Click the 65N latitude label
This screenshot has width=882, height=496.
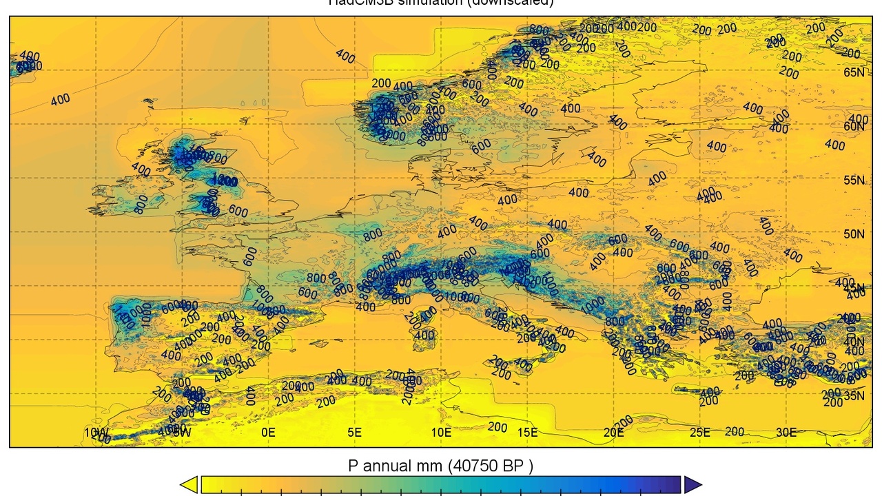tap(854, 72)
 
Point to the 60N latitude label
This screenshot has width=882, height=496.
tap(854, 126)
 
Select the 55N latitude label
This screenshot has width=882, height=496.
tap(854, 180)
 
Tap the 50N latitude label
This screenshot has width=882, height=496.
tap(854, 234)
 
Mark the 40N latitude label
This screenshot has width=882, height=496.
tap(854, 342)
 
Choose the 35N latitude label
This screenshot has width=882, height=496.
tap(854, 395)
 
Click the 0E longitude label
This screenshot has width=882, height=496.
tap(268, 433)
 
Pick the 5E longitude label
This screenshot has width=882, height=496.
tap(354, 433)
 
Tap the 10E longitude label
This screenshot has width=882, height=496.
tap(441, 433)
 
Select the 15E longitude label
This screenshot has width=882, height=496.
tap(527, 433)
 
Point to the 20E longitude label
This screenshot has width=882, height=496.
tap(613, 433)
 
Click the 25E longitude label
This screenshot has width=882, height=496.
tap(699, 433)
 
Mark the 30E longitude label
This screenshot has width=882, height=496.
tap(786, 433)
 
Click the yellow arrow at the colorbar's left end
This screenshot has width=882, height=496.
tap(189, 485)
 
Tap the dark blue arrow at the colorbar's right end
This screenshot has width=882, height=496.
tap(693, 485)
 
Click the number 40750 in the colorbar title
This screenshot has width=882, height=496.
tap(475, 466)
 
